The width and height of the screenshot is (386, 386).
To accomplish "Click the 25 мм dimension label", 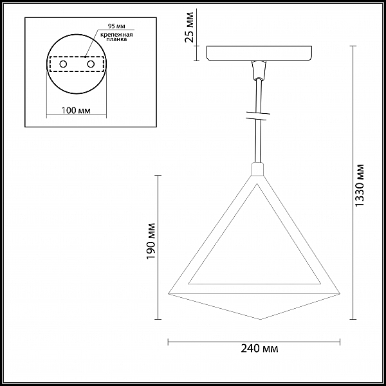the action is pyautogui.click(x=189, y=27).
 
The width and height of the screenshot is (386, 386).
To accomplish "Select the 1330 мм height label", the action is pyautogui.click(x=360, y=186).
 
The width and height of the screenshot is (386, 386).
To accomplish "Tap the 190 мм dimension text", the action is pyautogui.click(x=151, y=241).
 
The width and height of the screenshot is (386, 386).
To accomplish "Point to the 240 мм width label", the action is pyautogui.click(x=259, y=349).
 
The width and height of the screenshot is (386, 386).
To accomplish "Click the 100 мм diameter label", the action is pyautogui.click(x=76, y=110).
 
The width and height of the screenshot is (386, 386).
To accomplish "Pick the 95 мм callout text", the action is pyautogui.click(x=116, y=26).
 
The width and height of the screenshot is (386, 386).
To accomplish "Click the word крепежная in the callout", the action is pyautogui.click(x=116, y=35).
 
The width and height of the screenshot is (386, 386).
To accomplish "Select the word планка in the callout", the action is pyautogui.click(x=116, y=39).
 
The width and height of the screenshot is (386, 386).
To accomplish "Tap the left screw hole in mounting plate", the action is pyautogui.click(x=63, y=64).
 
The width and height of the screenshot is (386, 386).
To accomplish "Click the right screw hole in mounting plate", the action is pyautogui.click(x=91, y=64).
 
